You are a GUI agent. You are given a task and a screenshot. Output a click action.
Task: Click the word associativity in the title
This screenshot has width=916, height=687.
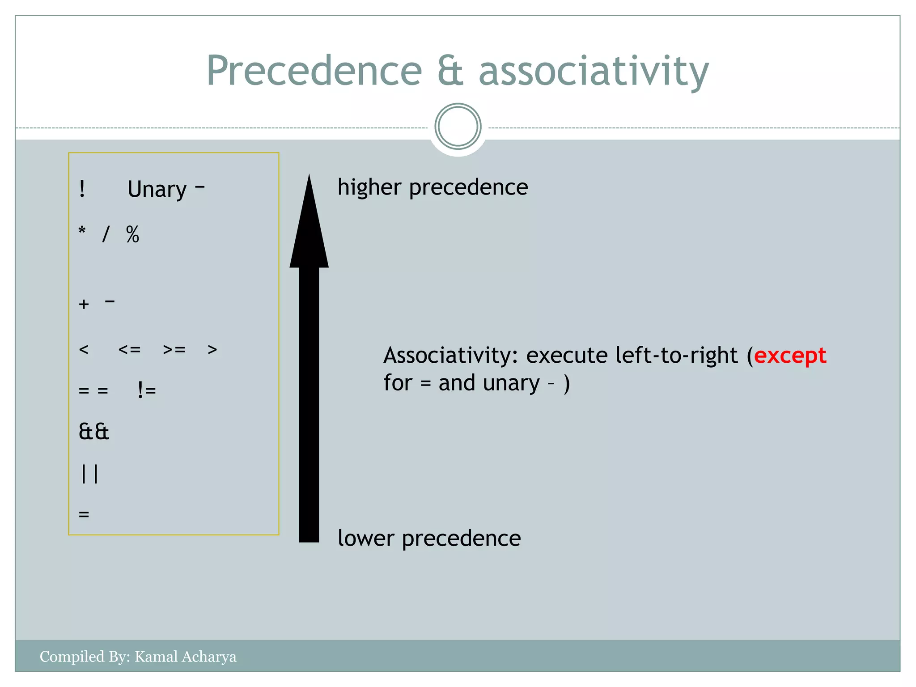(594, 72)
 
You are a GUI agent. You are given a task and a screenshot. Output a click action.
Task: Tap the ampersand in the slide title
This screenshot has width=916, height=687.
(450, 72)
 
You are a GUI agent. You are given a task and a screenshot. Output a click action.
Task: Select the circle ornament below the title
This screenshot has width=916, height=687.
(458, 127)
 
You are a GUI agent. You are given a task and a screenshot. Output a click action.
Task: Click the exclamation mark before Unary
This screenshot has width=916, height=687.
(82, 189)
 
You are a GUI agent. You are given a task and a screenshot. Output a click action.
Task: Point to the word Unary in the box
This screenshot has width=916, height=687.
(157, 190)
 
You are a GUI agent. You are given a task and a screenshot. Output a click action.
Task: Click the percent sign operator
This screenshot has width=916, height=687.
(132, 234)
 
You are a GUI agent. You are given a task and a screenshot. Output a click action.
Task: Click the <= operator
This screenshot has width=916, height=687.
(130, 349)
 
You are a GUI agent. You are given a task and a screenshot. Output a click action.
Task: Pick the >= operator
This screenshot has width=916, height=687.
(174, 349)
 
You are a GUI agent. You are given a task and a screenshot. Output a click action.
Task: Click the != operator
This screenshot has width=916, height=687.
(147, 390)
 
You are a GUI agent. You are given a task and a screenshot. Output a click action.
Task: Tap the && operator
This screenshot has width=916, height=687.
(94, 432)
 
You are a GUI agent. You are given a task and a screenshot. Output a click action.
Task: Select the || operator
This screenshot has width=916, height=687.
(89, 474)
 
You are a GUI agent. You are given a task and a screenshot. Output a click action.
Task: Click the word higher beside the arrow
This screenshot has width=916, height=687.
(369, 187)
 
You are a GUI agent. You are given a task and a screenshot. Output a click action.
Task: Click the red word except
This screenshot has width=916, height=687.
(790, 356)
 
